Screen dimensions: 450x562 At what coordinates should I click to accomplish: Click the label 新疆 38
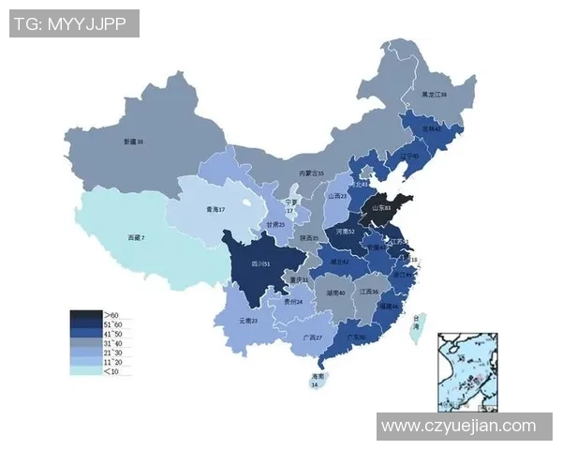click(x=133, y=142)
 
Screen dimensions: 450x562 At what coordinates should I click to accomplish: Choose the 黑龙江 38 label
click(x=434, y=95)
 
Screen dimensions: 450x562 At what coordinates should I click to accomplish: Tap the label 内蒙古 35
click(x=311, y=173)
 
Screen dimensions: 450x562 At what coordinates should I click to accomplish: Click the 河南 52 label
click(x=345, y=231)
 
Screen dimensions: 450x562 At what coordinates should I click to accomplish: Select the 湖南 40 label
click(x=335, y=292)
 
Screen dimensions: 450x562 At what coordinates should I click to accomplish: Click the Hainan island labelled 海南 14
click(x=316, y=379)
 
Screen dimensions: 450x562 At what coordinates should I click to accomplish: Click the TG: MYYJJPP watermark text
click(x=73, y=23)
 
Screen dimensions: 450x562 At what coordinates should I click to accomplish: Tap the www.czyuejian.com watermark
click(x=458, y=426)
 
